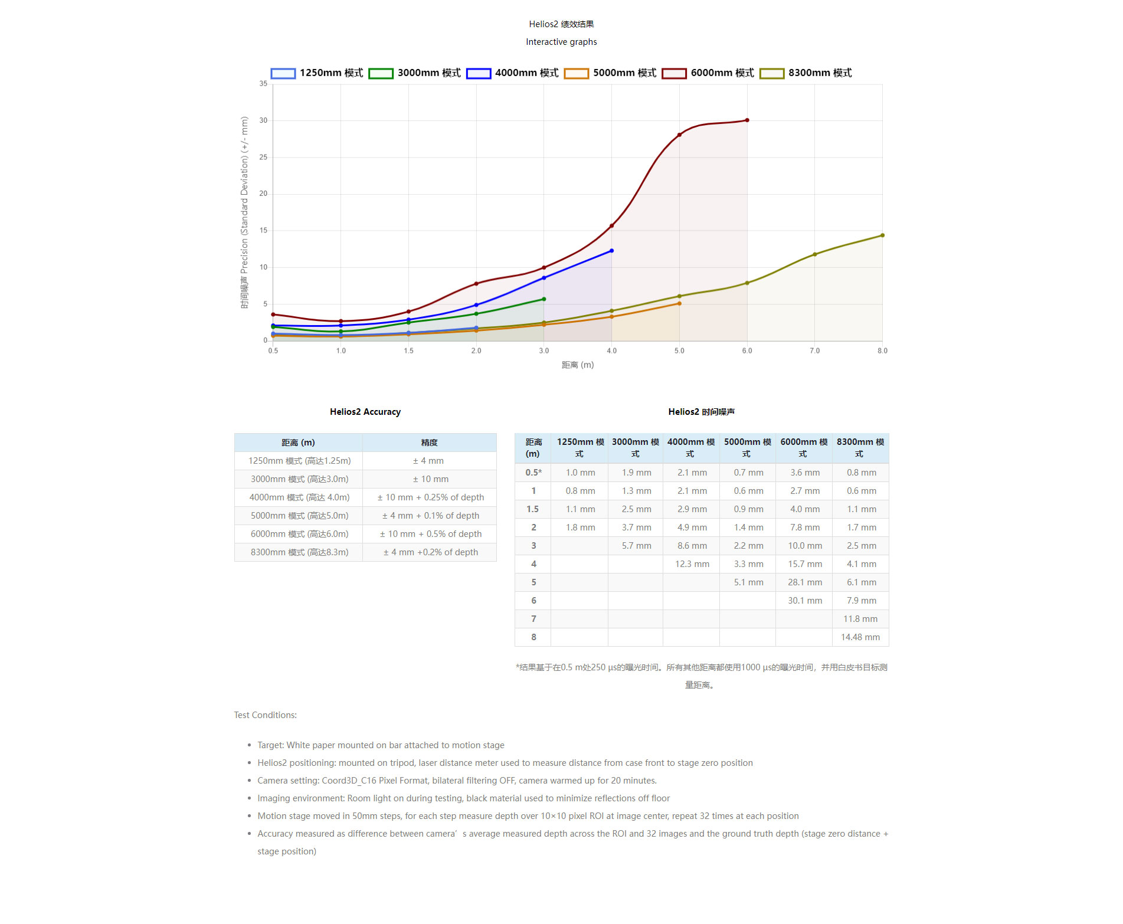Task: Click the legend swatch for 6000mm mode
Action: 673,73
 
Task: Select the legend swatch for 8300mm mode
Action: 771,73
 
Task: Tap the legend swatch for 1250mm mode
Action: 283,73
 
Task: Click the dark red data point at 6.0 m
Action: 747,120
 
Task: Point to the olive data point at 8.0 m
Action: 882,235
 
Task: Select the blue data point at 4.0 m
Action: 611,251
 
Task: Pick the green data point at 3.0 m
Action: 544,299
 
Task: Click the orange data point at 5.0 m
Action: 679,303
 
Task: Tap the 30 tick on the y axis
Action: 263,120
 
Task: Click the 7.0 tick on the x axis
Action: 814,350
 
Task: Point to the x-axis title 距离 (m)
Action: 577,365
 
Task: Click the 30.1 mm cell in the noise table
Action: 804,601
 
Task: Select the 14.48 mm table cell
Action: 860,637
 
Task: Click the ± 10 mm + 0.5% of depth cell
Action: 430,534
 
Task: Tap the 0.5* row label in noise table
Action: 533,473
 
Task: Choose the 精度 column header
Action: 429,443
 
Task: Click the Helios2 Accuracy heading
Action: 365,412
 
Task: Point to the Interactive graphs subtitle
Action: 561,42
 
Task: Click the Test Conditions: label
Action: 265,715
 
